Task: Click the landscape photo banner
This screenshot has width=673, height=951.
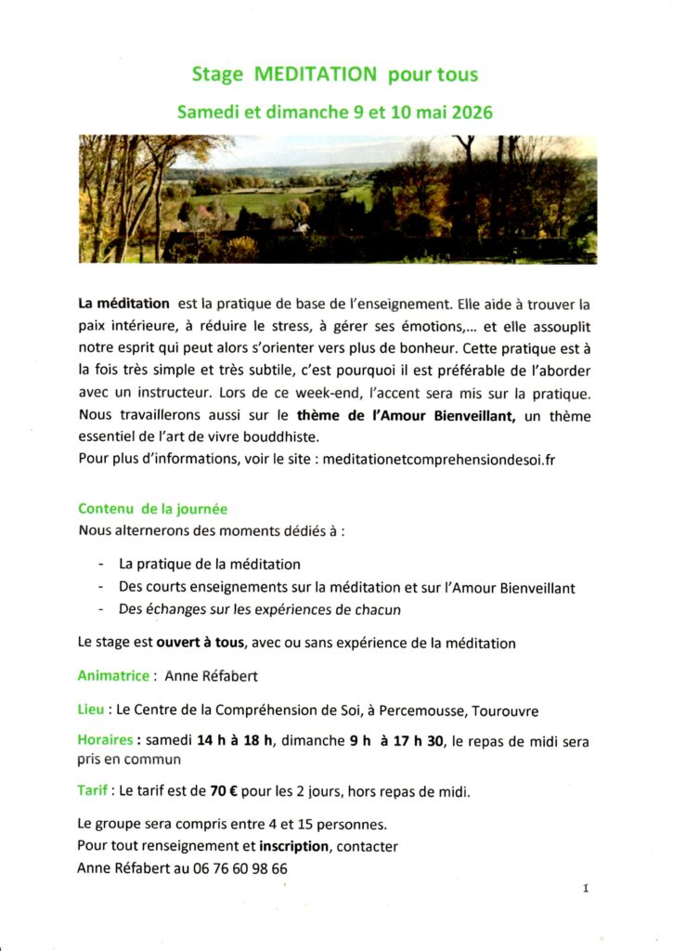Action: click(337, 199)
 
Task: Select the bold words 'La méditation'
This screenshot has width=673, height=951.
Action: click(123, 303)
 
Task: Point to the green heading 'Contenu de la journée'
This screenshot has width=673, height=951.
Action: click(152, 509)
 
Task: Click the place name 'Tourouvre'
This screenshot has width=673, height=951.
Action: click(505, 711)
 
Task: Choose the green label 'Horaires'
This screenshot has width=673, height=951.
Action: click(107, 741)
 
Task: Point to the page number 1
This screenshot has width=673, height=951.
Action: click(586, 889)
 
